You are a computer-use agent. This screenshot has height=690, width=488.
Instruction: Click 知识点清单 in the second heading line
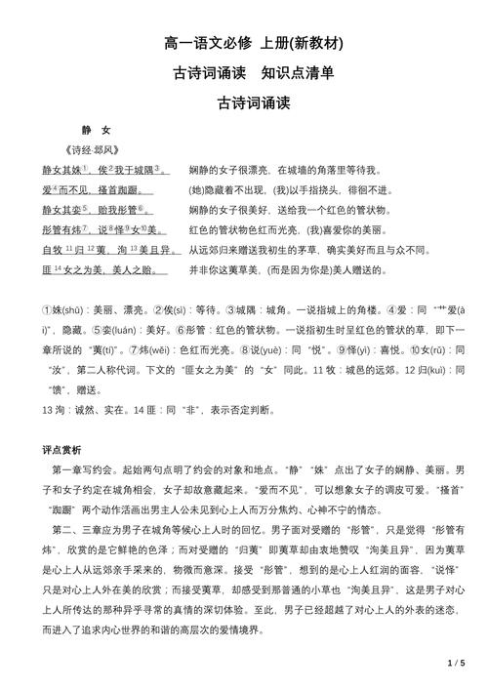pyautogui.click(x=298, y=73)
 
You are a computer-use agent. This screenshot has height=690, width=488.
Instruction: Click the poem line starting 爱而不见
pyautogui.click(x=92, y=189)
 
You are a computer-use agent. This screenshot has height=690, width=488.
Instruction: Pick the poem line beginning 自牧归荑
pyautogui.click(x=111, y=250)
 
